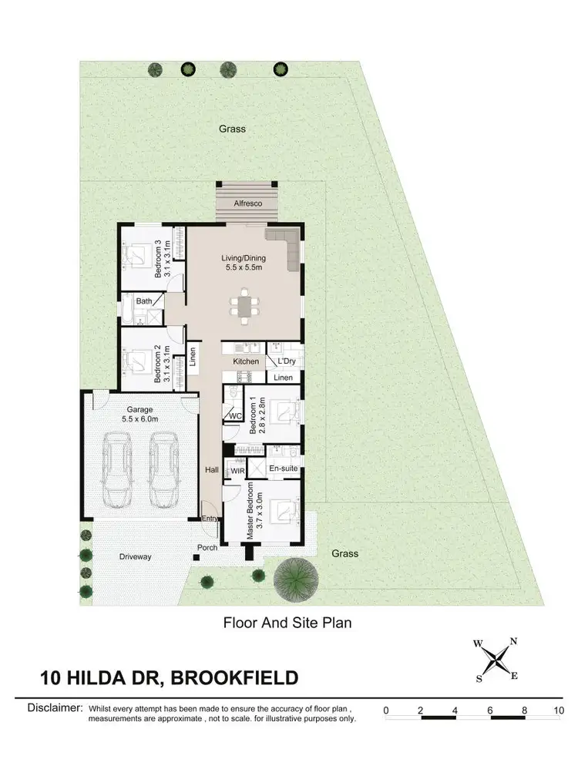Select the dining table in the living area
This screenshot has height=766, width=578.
(x=244, y=307)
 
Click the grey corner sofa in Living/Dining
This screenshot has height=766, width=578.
(x=287, y=247)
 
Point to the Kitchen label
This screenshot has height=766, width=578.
(x=246, y=361)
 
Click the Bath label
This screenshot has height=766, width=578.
(x=144, y=301)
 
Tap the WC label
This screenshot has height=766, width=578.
(x=234, y=416)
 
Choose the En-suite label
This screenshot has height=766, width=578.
(x=282, y=469)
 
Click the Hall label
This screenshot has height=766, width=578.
(x=212, y=469)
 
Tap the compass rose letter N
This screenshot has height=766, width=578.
(x=513, y=641)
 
